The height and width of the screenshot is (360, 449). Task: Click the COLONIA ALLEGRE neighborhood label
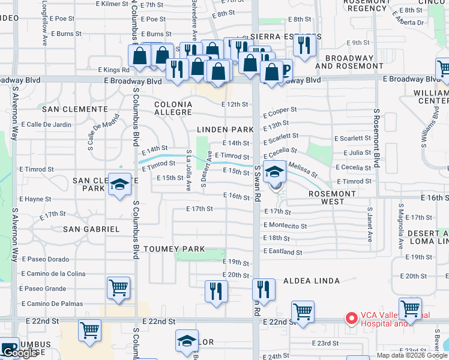click(x=173, y=109)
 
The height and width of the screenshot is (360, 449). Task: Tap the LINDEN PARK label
click(x=222, y=130)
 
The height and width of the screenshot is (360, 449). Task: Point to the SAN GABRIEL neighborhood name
click(x=91, y=229)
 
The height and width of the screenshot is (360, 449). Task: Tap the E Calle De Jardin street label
click(x=46, y=125)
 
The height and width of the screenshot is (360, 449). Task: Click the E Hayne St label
click(x=35, y=199)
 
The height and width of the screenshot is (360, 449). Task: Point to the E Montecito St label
click(x=285, y=226)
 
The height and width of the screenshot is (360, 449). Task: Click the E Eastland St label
click(x=283, y=252)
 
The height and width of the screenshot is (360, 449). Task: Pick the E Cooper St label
click(x=280, y=110)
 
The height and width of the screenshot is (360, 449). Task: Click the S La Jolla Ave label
click(x=188, y=170)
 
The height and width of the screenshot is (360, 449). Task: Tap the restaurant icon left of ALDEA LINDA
click(x=264, y=289)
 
